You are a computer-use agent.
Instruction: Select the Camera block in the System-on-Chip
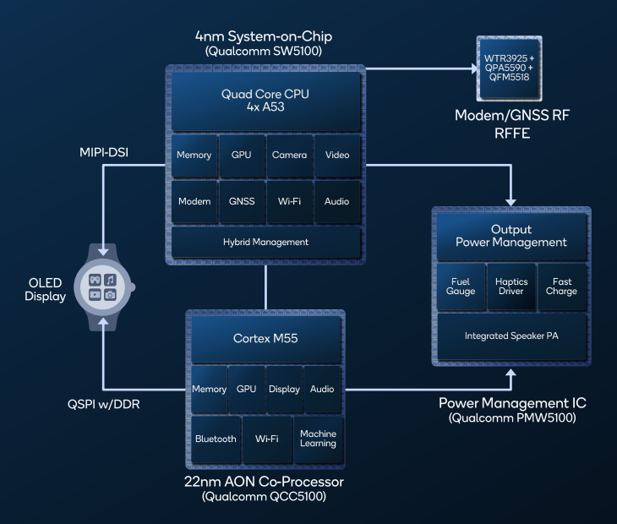coord(290,155)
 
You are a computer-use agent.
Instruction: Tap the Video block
coord(336,155)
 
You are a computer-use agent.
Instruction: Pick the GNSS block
coord(242,201)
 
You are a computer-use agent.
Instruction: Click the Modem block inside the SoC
coord(194,201)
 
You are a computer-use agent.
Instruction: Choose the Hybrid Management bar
coord(265,242)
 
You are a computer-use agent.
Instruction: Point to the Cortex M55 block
coord(265,339)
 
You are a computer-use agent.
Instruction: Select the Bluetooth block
coord(216,439)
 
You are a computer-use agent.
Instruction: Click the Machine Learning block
coord(318,438)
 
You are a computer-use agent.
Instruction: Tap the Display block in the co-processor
coord(284,389)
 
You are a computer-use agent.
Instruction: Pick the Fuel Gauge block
coord(461,286)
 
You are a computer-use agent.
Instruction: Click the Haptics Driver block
coord(511,286)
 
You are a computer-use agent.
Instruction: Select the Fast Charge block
coord(561,286)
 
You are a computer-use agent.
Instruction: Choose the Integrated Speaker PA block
coord(511,336)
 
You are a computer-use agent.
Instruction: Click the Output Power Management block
coord(511,236)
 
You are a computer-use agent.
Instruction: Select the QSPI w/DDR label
coord(105,404)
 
